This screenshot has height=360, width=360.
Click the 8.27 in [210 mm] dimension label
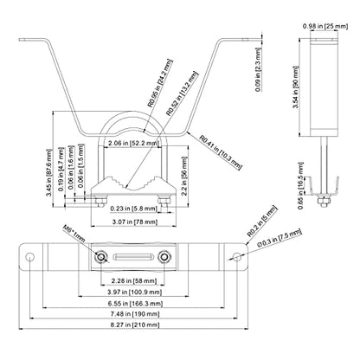coord(135,325)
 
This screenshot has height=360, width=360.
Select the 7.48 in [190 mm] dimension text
coord(135,314)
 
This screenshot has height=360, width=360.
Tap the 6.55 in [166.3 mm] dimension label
coord(135,304)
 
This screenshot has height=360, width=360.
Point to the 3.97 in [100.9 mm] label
coord(135,292)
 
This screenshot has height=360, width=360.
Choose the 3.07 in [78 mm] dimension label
coord(135,222)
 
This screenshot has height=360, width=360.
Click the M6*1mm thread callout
coord(74,234)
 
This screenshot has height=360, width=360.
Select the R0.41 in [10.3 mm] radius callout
coord(221,152)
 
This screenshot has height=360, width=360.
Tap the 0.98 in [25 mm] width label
coord(325,26)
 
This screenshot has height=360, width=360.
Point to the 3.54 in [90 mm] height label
coord(295,87)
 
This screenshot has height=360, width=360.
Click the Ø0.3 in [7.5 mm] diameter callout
coord(280,238)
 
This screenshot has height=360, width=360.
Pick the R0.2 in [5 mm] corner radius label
coord(262,222)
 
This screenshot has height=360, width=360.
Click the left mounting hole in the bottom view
coord(29,256)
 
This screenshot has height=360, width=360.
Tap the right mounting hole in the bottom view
coord(237,256)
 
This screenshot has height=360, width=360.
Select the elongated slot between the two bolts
coord(132,257)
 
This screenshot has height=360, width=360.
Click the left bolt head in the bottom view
coord(101,257)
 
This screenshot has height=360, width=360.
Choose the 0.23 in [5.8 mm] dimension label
coord(133,209)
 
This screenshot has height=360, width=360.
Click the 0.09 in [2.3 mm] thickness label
coord(259,70)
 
